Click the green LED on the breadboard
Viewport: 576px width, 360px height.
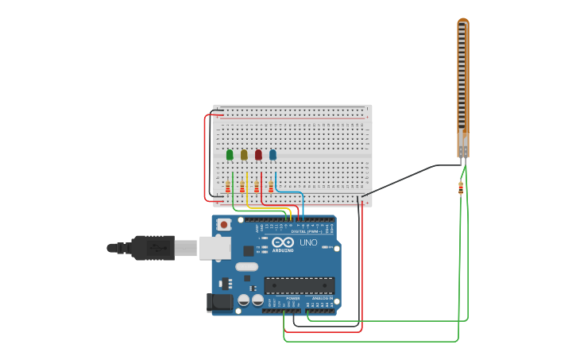(230, 155)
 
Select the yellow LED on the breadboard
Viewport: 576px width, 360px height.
(244, 155)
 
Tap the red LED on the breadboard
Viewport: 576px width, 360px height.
(258, 155)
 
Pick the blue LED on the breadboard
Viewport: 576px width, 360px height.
(273, 155)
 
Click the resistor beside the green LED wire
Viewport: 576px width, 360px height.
(228, 187)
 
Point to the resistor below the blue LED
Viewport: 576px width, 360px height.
(271, 187)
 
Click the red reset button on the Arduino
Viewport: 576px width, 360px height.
(224, 225)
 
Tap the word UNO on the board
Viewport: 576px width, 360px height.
(308, 242)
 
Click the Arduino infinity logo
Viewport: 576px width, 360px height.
(282, 242)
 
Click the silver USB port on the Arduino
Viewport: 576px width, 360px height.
(215, 248)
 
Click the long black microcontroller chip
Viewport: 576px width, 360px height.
(299, 285)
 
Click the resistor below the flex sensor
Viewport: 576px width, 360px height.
(462, 188)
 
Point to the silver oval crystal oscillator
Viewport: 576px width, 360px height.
(246, 266)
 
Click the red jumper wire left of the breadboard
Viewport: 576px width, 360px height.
(206, 155)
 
